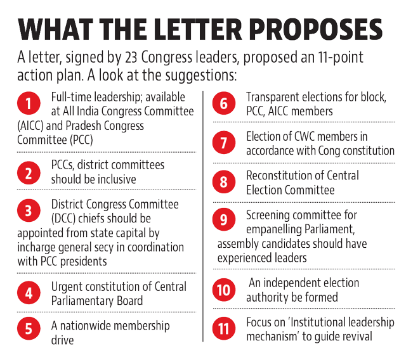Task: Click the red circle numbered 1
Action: pyautogui.click(x=29, y=103)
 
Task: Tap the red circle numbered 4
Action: pyautogui.click(x=29, y=293)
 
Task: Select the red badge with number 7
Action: pyautogui.click(x=224, y=143)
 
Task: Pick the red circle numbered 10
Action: pyautogui.click(x=224, y=290)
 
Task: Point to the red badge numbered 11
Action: pyautogui.click(x=224, y=329)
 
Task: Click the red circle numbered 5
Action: pyautogui.click(x=29, y=328)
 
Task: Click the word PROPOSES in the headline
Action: pyautogui.click(x=316, y=29)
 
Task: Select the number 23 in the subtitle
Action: pyautogui.click(x=131, y=58)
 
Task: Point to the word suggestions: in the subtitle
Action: pyautogui.click(x=201, y=76)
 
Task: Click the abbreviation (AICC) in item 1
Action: pyautogui.click(x=30, y=126)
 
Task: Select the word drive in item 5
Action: pyautogui.click(x=62, y=340)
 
